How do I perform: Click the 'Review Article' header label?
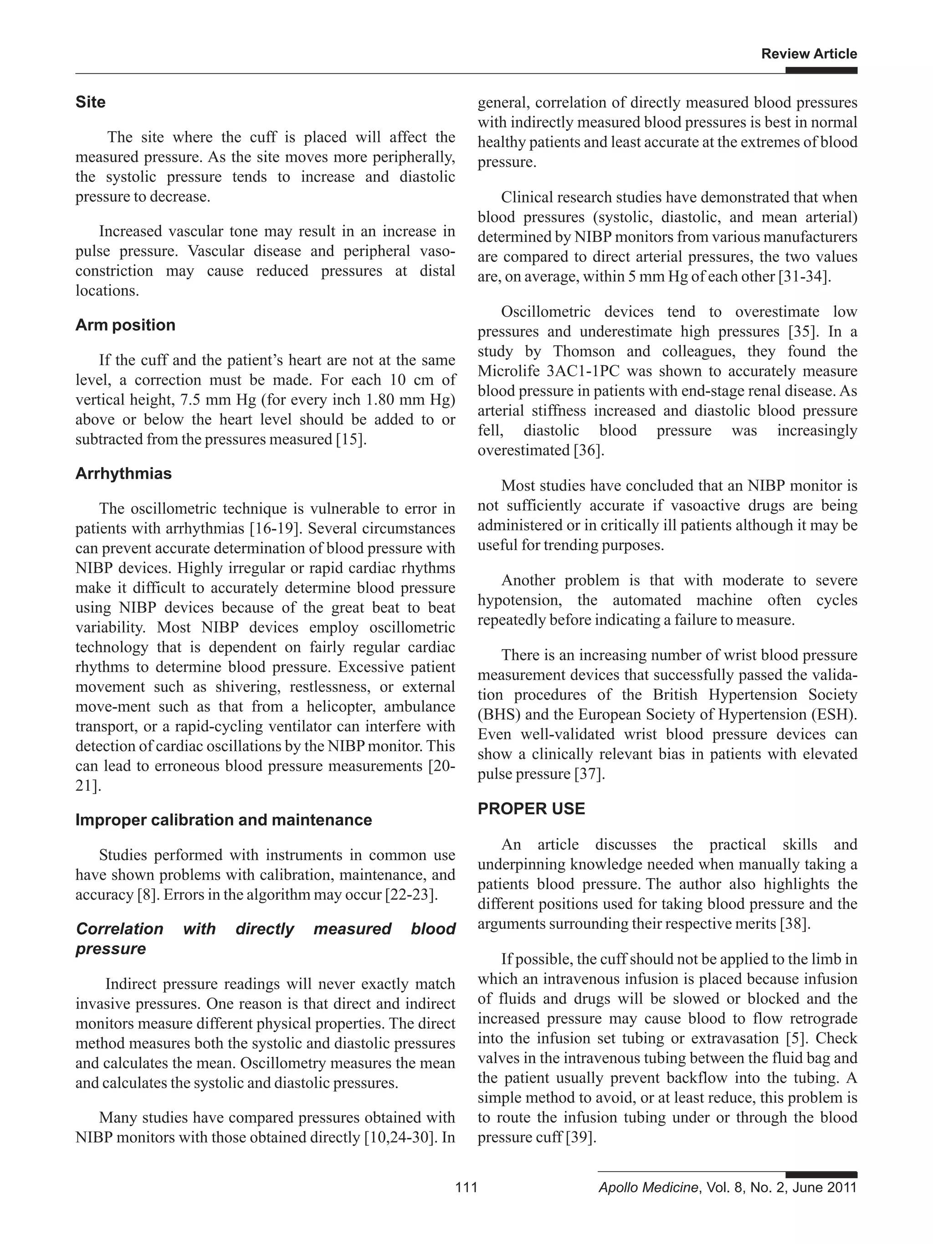point(808,54)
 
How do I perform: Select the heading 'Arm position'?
point(125,325)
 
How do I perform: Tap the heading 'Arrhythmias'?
point(123,474)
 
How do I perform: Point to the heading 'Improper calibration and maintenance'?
point(223,820)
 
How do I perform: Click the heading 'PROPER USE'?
point(531,809)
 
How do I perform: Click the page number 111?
point(466,1187)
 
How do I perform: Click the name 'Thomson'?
point(585,352)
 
